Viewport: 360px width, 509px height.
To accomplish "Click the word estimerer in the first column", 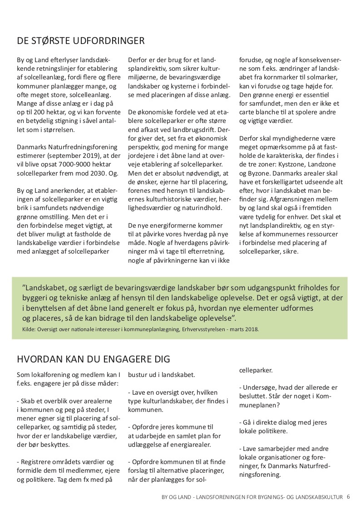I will coord(32,156).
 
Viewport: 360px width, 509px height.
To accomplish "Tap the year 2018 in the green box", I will coord(251,329).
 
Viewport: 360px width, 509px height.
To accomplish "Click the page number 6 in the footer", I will coord(348,496).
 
